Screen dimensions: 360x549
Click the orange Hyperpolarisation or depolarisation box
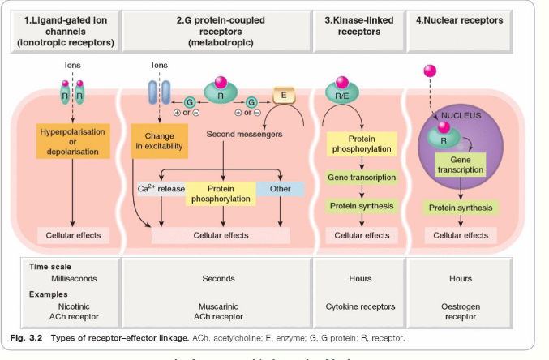click(73, 140)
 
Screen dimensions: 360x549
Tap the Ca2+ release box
click(161, 189)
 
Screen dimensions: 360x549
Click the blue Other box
click(280, 189)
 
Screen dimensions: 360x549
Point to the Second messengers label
click(242, 134)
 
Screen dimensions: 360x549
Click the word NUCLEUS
click(460, 115)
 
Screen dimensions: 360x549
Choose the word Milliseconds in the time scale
click(74, 278)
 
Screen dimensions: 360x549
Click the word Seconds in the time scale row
click(217, 278)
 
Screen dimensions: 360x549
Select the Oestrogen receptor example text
click(461, 311)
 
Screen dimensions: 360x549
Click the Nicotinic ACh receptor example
click(74, 311)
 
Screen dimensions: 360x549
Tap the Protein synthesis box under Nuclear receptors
click(461, 208)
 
